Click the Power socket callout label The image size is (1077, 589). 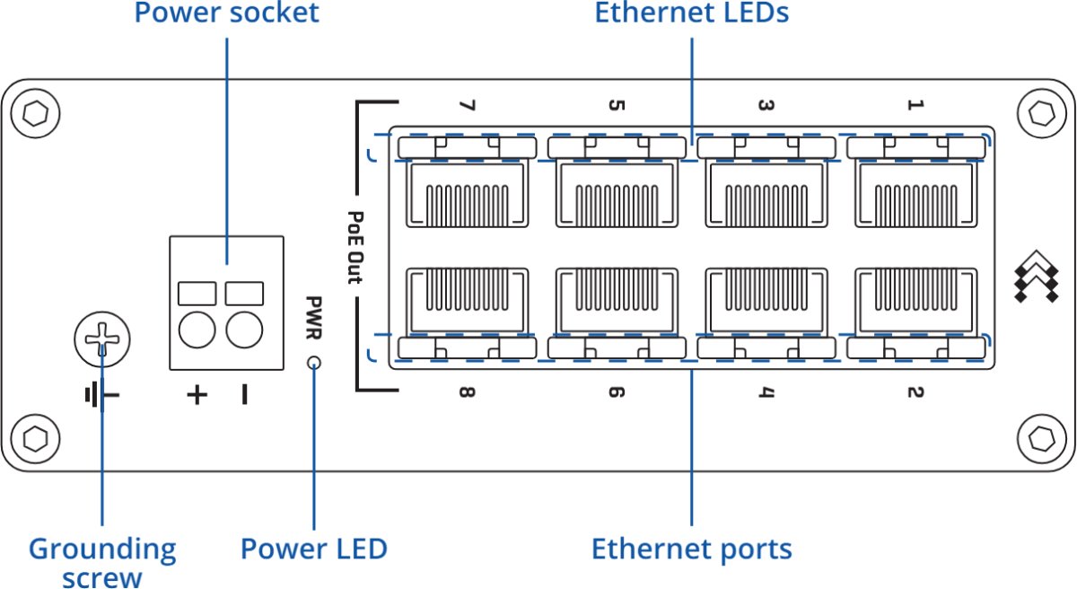coord(226,13)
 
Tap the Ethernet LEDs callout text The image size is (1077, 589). coord(691,13)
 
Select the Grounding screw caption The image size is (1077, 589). coord(102,561)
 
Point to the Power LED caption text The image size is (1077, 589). coord(314,548)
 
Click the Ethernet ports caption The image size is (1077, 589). coord(691,548)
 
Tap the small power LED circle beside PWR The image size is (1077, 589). coord(314,363)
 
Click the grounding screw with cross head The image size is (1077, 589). coord(102,339)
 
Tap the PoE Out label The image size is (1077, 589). coord(355,247)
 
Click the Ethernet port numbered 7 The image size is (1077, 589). coord(466,193)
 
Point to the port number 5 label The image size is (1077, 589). coord(616,106)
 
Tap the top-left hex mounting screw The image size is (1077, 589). coord(37,114)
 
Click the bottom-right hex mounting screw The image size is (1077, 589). coord(1041,437)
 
